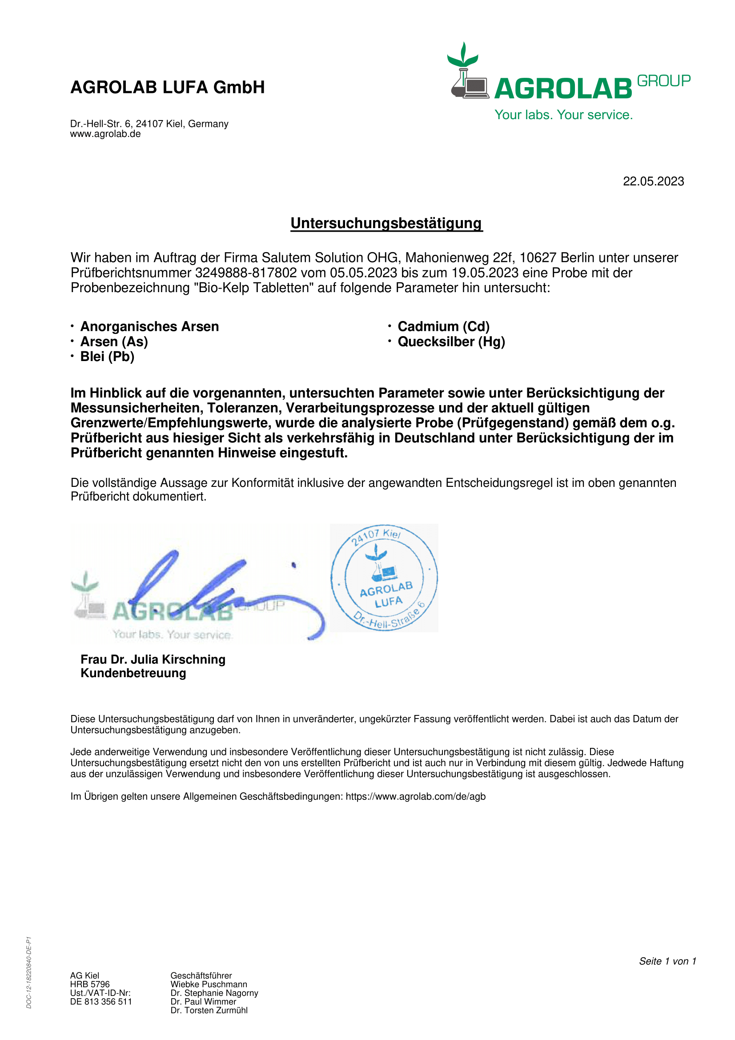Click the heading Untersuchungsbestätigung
click(x=386, y=223)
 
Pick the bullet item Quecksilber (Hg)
click(x=451, y=341)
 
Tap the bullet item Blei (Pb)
click(x=107, y=357)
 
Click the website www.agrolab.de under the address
click(x=105, y=134)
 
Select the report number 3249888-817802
click(x=246, y=273)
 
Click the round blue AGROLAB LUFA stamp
click(x=384, y=578)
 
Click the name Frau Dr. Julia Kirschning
click(x=153, y=659)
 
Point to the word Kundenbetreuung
click(x=133, y=673)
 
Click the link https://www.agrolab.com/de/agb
click(x=415, y=796)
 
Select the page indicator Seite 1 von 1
click(x=667, y=961)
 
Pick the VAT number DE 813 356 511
click(x=101, y=1001)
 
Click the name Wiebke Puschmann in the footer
click(x=209, y=984)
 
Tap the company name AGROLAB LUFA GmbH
click(x=168, y=87)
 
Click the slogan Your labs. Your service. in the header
click(x=563, y=115)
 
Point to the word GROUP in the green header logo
click(x=663, y=81)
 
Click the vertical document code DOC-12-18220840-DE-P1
click(x=29, y=972)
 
